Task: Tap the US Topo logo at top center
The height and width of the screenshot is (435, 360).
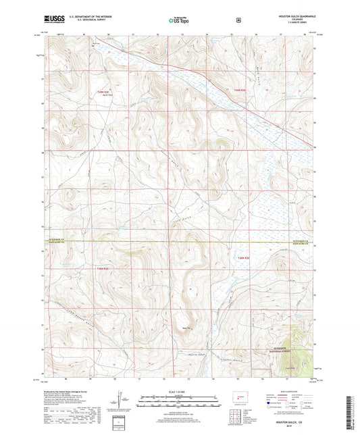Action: point(179,20)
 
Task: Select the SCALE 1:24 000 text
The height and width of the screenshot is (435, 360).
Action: point(180,392)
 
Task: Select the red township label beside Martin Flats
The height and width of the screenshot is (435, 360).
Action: point(102,90)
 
